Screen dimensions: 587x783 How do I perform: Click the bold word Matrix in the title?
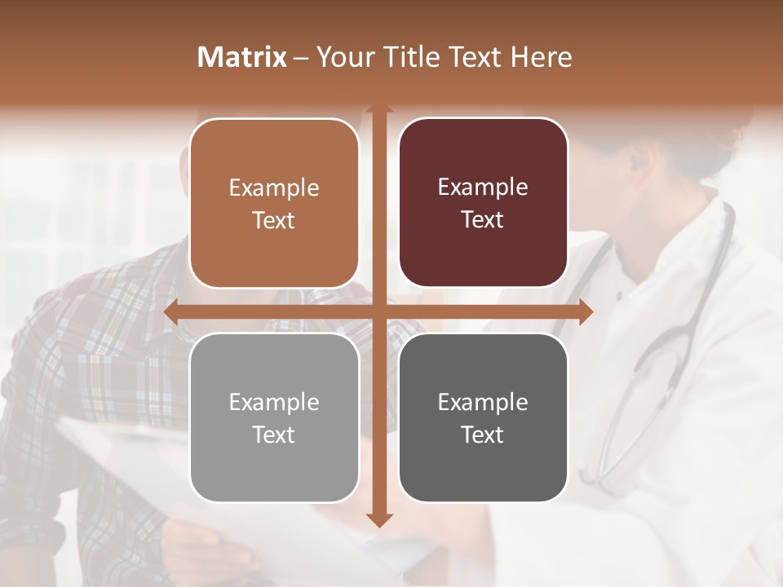click(x=242, y=57)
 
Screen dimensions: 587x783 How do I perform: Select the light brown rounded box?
click(x=274, y=204)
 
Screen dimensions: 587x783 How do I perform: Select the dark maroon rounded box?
click(x=483, y=203)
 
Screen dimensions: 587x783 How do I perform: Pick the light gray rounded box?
click(x=274, y=417)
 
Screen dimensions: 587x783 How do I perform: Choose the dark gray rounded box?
click(x=483, y=417)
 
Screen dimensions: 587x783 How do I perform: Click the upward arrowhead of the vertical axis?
click(x=378, y=109)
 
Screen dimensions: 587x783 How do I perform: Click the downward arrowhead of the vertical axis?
click(x=378, y=519)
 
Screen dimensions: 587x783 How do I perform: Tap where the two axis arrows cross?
click(x=378, y=312)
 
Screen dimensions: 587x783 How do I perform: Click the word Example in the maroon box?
click(x=483, y=188)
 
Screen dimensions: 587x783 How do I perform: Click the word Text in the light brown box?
click(x=274, y=221)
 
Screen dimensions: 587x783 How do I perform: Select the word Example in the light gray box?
click(x=274, y=402)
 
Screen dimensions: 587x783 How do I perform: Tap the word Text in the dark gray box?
click(x=483, y=435)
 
